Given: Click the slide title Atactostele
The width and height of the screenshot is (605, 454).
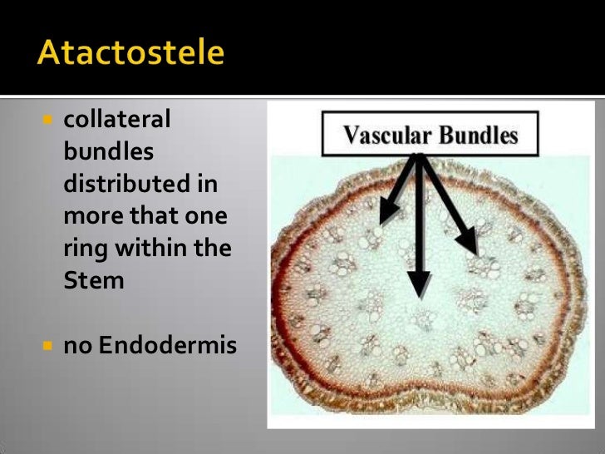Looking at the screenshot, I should coord(130,53).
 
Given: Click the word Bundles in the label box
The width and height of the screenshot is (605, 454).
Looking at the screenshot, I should coord(480,136).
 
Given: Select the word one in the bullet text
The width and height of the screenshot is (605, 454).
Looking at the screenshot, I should coord(208,216).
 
